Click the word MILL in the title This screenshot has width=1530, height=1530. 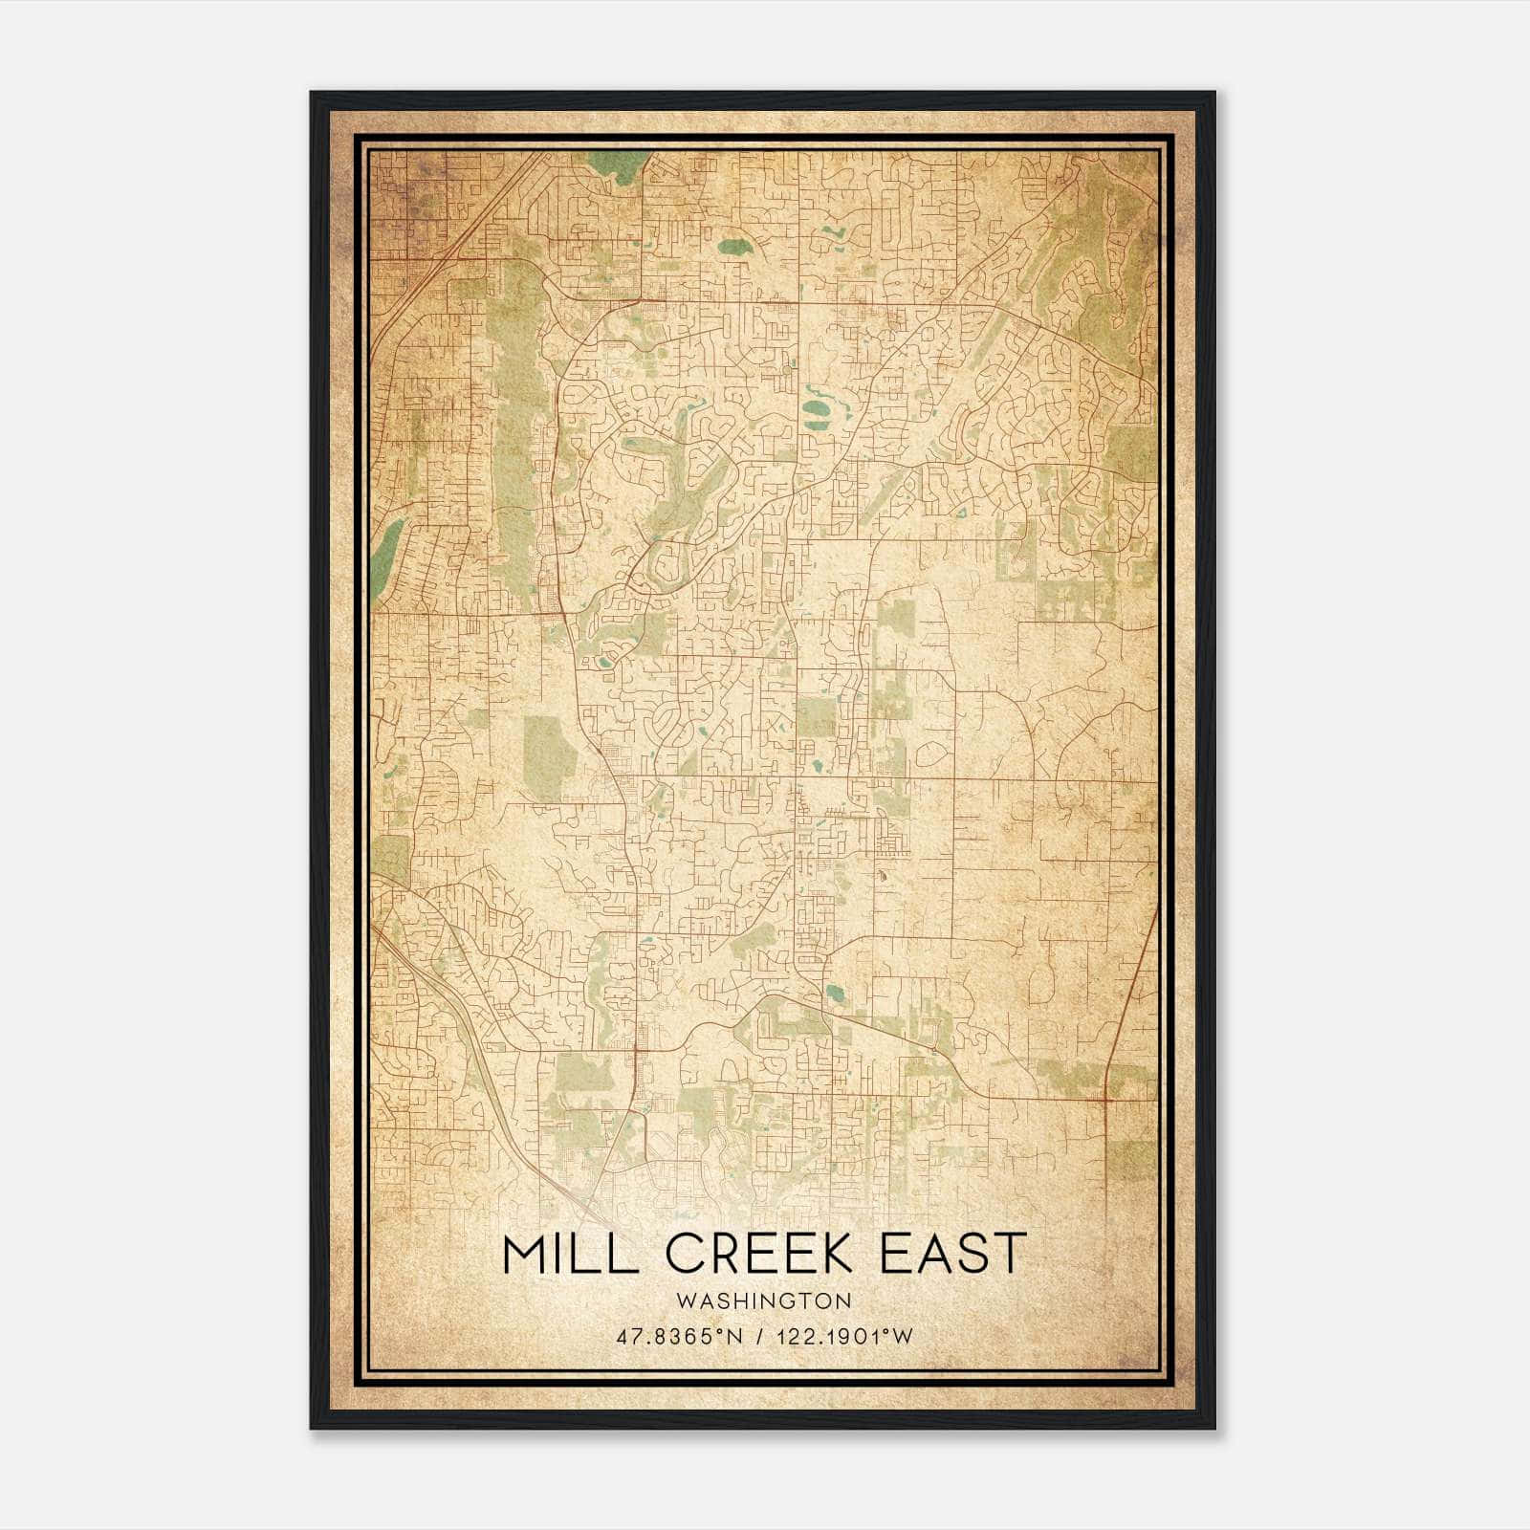[560, 1255]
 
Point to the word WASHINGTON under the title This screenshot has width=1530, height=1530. [763, 1300]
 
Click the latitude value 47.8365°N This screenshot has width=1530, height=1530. [679, 1337]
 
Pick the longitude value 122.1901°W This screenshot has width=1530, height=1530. [847, 1337]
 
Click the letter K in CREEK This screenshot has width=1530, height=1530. [836, 1255]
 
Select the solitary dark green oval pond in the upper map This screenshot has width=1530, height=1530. [734, 248]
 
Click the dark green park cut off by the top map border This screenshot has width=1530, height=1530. [617, 164]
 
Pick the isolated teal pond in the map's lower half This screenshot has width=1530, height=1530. [835, 992]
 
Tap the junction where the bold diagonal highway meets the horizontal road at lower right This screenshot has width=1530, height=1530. [1104, 1099]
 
